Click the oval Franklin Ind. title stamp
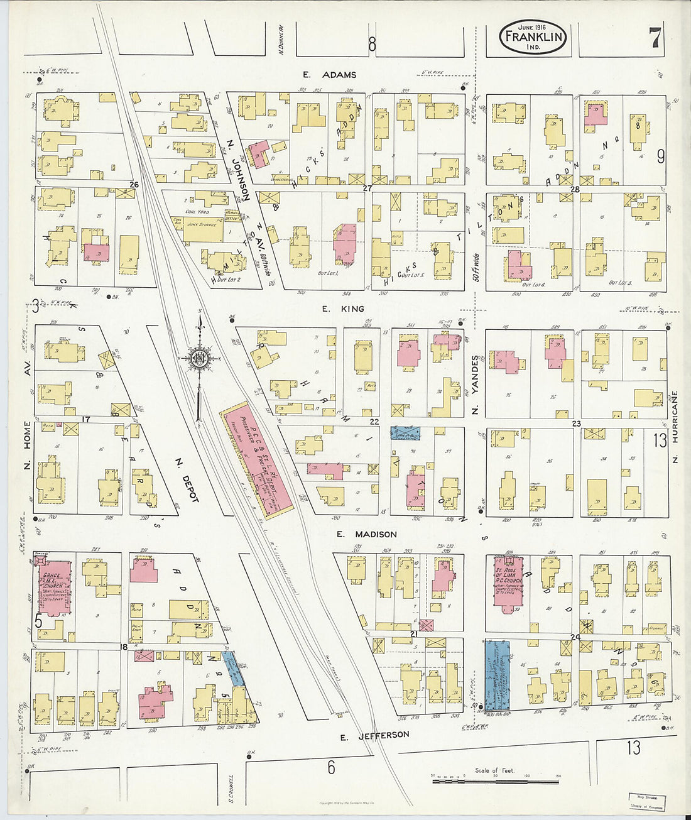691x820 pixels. (533, 37)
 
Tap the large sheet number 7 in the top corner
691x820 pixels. (655, 39)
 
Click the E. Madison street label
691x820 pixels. (366, 534)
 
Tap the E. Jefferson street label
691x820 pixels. (374, 735)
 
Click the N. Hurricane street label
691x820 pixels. (675, 418)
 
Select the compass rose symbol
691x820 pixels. (200, 359)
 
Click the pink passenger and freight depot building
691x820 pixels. (256, 460)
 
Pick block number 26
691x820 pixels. (134, 185)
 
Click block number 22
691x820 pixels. (374, 422)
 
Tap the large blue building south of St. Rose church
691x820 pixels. (497, 675)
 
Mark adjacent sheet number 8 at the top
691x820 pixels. (372, 44)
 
